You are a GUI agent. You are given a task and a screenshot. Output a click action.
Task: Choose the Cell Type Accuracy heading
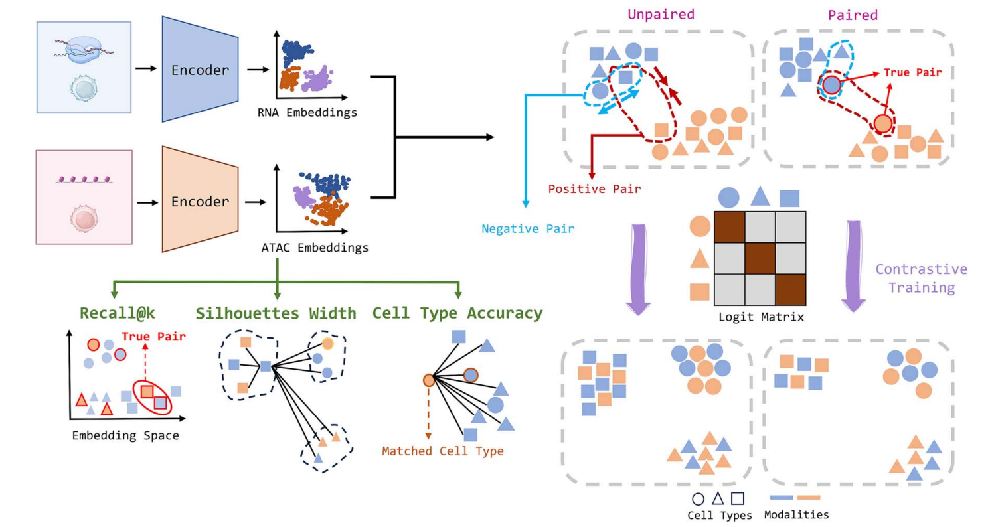(457, 313)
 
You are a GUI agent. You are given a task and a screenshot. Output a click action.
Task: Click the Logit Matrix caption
(760, 317)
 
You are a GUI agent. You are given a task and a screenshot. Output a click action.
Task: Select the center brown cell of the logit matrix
(760, 258)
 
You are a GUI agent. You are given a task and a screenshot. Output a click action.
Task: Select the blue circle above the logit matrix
(729, 196)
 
